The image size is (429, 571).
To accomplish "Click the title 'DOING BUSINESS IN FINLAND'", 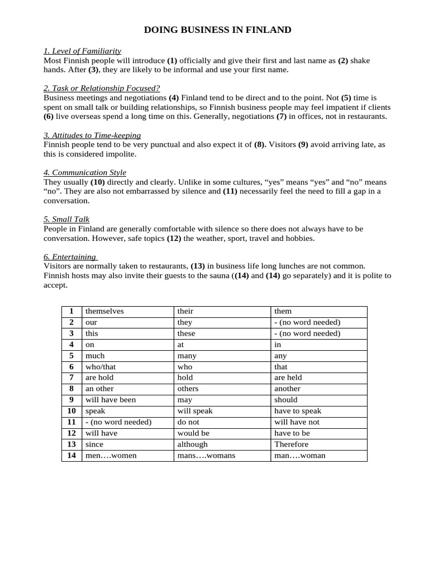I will coord(217,30).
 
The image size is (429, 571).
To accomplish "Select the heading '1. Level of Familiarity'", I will coord(82,51).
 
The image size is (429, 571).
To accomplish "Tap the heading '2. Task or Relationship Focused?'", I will coord(102,88).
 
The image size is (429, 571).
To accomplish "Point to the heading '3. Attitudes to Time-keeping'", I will coord(92,135).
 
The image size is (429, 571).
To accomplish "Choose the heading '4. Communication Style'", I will coord(85,172).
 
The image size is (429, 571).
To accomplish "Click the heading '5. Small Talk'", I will coord(66,219).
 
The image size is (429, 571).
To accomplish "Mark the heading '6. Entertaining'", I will coord(70,257).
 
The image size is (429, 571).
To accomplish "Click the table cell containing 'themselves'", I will coord(104,311).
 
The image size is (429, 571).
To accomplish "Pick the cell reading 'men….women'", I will coord(111,456).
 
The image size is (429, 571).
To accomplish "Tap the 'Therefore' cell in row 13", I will coord(291,444).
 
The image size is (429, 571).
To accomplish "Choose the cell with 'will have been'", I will coord(111,400).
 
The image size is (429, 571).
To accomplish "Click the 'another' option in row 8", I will coord(287,389).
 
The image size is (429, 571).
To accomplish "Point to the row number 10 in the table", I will coord(71,411).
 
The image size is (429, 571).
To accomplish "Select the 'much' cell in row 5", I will coord(95,356).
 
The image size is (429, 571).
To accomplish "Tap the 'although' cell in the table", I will coord(192,444).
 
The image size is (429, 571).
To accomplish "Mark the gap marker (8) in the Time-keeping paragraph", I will coord(260,144).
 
